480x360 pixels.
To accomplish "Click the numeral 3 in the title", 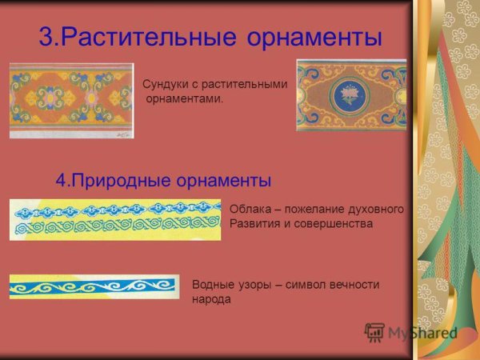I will click(46, 38).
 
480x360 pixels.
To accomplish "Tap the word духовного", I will click(375, 209).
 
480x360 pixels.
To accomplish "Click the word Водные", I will click(211, 284).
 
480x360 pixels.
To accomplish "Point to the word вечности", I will click(352, 284).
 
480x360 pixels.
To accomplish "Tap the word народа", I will click(211, 299).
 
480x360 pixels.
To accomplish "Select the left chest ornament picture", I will click(71, 100).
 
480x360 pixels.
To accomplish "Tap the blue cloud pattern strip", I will click(115, 209).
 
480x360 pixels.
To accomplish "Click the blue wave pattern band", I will click(94, 286).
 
